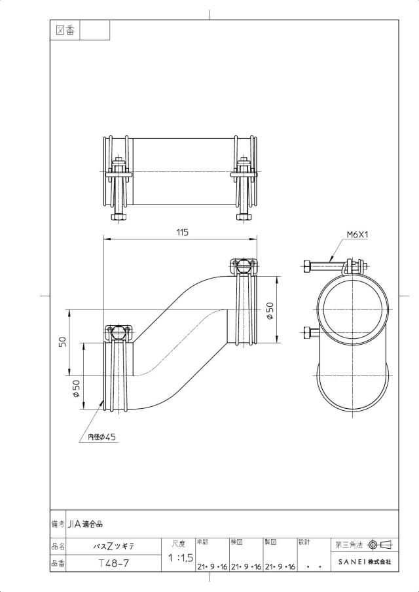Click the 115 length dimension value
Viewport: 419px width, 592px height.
point(183,232)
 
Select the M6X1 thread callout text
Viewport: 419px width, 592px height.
point(357,235)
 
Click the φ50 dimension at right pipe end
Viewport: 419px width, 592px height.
point(270,311)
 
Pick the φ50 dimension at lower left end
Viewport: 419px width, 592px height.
point(76,389)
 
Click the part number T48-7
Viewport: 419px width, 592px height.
point(114,563)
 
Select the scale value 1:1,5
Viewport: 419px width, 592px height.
point(181,557)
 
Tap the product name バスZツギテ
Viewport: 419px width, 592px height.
point(114,546)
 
